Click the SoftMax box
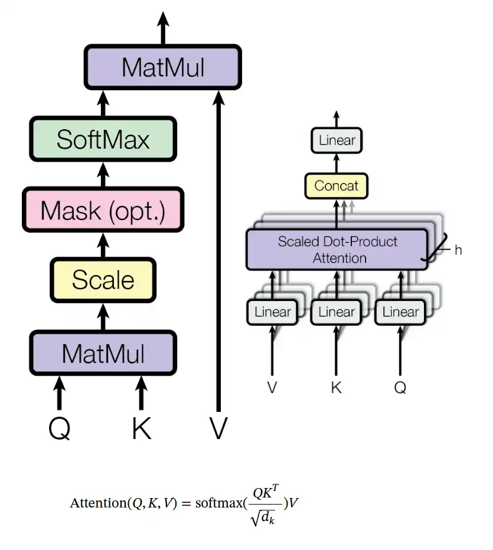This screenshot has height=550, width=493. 103,139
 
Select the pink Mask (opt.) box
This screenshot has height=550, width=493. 103,210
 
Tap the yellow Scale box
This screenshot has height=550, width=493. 103,279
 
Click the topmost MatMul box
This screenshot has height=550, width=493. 163,67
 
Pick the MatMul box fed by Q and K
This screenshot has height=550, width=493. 103,353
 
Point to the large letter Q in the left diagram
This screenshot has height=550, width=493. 59,428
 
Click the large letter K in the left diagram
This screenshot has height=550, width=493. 142,428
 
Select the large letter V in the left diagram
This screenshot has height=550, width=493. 218,428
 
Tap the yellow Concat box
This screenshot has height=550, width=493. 336,186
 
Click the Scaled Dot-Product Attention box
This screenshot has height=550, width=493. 337,250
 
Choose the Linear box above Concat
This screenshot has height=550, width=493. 337,140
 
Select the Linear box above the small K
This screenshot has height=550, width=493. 337,312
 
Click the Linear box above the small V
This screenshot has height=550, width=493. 272,312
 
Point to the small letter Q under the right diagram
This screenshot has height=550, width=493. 400,388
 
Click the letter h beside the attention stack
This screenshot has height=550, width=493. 458,250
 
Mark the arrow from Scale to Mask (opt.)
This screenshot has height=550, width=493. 104,244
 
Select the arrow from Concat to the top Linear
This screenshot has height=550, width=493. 337,163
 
